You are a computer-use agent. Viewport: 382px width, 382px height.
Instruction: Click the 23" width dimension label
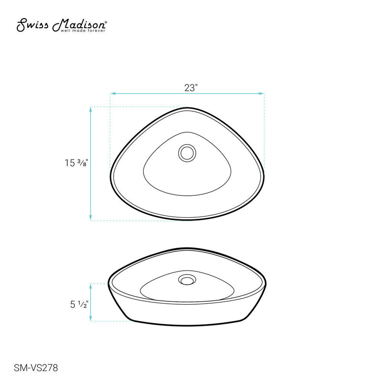(191, 88)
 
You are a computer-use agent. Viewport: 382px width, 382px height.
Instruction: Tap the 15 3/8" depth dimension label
(75, 163)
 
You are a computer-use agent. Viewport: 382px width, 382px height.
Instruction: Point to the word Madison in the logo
(78, 25)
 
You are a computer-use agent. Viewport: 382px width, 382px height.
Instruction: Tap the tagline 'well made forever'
(83, 32)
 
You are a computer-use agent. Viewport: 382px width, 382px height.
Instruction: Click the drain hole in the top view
(187, 153)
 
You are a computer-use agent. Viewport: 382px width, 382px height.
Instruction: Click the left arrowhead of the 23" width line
(112, 94)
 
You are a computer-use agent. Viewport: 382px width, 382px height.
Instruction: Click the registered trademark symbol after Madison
(106, 22)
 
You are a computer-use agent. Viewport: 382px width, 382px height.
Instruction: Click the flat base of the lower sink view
(186, 325)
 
